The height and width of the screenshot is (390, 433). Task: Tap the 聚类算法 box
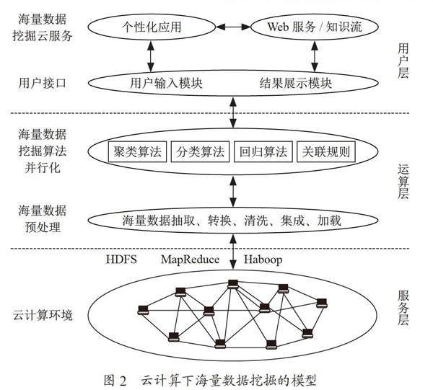tap(137, 151)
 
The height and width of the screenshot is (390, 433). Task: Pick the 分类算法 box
tap(200, 151)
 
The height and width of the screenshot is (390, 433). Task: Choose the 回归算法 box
tap(263, 151)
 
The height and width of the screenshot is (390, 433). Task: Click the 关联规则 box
tap(326, 151)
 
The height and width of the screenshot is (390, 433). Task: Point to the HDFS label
tap(121, 260)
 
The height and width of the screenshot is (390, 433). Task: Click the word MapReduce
tap(191, 260)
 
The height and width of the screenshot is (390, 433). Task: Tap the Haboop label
tap(263, 260)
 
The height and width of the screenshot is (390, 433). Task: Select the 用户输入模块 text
tap(166, 83)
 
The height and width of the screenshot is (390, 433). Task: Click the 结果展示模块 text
tap(295, 83)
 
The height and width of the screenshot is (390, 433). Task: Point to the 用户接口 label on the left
tap(43, 83)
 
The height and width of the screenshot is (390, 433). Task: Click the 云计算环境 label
tap(43, 315)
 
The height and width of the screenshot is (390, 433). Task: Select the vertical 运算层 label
tap(403, 182)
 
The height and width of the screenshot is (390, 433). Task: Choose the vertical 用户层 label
tap(403, 61)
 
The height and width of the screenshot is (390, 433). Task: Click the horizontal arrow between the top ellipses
tap(233, 27)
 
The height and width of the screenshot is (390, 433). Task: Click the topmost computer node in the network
tap(233, 284)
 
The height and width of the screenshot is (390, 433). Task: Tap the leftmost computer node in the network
tap(143, 310)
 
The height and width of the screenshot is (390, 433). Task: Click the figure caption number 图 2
tap(115, 381)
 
